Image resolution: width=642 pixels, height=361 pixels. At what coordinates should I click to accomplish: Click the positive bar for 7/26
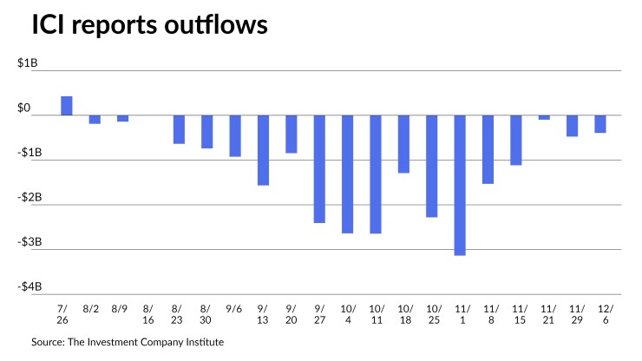click(66, 105)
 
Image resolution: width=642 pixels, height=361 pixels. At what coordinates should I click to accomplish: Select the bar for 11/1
click(460, 185)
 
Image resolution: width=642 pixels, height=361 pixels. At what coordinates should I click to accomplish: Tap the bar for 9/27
click(319, 169)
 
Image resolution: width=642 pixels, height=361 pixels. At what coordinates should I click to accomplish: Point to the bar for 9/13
click(263, 150)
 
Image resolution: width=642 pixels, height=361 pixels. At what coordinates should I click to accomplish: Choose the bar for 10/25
click(431, 166)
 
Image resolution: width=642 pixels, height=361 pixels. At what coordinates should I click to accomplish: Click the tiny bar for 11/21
click(544, 117)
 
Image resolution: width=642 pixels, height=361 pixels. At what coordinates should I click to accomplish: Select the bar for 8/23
click(179, 129)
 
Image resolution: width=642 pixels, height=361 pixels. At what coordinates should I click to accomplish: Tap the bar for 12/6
click(600, 124)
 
